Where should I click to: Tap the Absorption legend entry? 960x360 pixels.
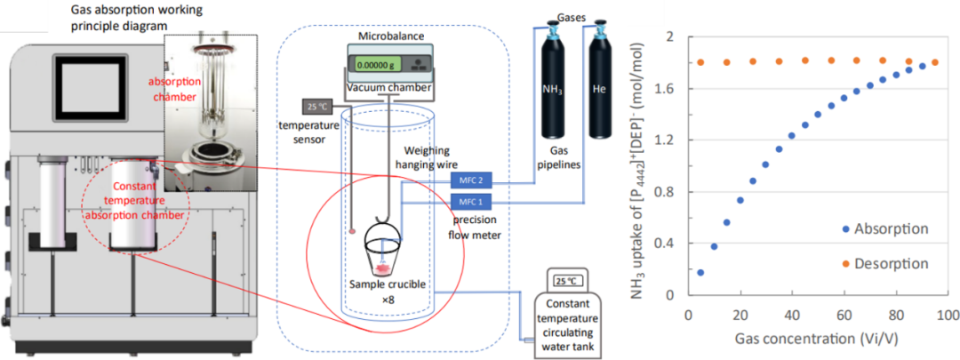click(891, 229)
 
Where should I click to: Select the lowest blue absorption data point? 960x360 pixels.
click(700, 272)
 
